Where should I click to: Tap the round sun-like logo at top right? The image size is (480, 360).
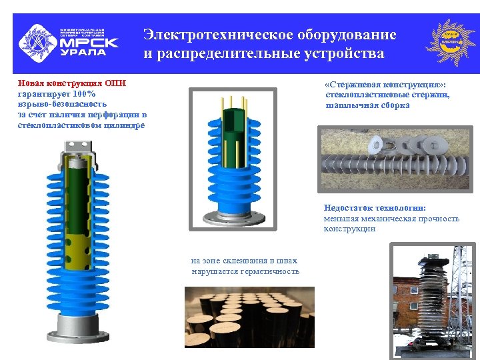452,42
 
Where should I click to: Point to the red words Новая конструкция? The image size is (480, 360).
61,83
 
